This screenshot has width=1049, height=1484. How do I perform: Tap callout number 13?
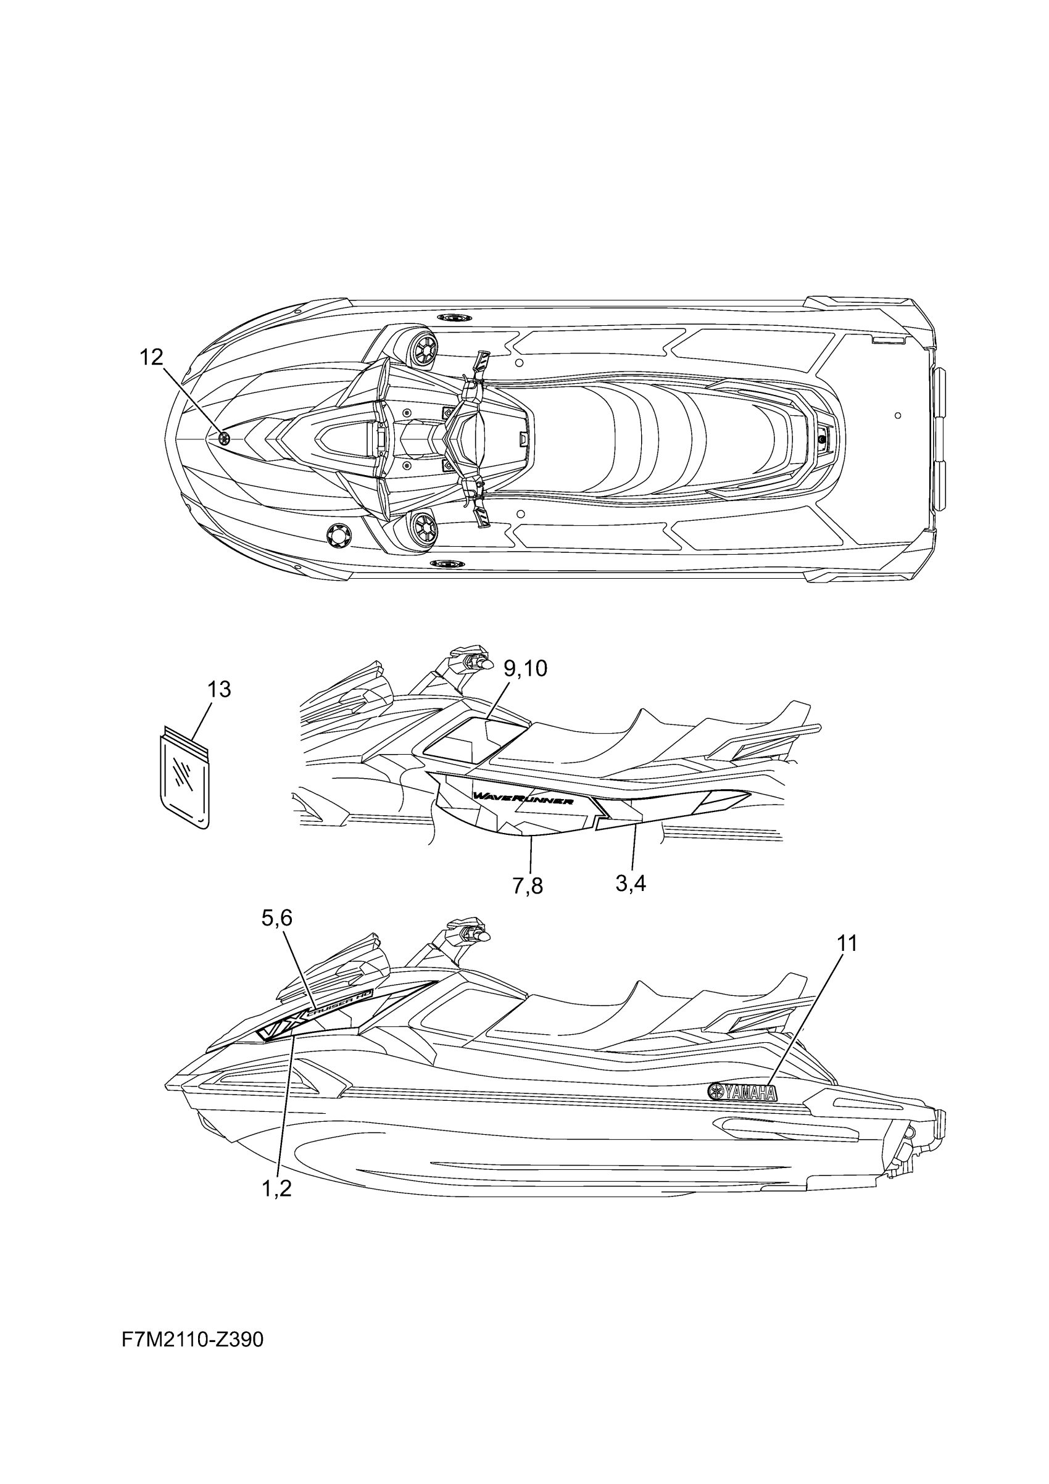[x=219, y=690]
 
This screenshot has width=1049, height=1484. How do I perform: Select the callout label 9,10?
[x=525, y=668]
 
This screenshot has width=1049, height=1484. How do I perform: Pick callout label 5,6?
[x=276, y=917]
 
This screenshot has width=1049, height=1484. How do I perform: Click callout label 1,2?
[x=276, y=1188]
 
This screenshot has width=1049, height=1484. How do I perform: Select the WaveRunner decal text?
[x=523, y=799]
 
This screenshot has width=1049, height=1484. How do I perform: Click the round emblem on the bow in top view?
[x=224, y=438]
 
